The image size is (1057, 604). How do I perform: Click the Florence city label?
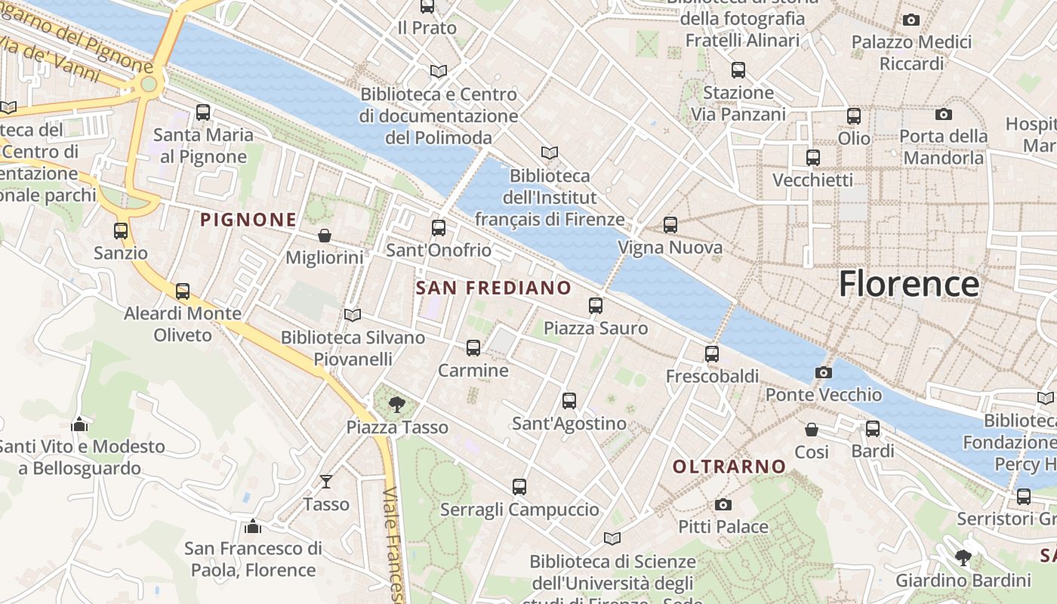[909, 285]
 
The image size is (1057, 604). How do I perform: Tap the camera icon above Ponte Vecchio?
[824, 372]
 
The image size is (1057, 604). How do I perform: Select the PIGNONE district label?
[248, 220]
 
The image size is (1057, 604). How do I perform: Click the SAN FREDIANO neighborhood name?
[494, 288]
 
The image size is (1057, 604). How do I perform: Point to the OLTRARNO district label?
[729, 467]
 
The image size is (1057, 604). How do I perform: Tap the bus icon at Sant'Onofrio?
[439, 227]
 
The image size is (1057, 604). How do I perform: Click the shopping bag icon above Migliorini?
[325, 236]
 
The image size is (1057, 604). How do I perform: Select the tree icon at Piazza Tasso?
[396, 405]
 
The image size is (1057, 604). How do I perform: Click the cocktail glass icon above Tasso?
[326, 481]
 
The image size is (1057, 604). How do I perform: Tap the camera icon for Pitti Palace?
[723, 504]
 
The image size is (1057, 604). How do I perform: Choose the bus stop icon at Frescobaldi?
[712, 353]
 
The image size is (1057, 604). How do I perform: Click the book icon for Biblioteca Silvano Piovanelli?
[353, 315]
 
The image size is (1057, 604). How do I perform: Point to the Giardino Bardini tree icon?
[963, 558]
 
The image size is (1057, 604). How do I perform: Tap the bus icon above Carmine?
[473, 348]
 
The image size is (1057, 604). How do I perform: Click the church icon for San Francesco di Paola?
[253, 525]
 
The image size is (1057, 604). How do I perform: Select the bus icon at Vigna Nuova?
[670, 225]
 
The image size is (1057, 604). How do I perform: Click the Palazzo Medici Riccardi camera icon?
[911, 20]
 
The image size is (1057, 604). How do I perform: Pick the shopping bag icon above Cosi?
[812, 430]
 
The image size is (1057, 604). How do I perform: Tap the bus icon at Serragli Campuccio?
[519, 487]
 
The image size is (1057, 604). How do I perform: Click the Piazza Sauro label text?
[596, 328]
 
